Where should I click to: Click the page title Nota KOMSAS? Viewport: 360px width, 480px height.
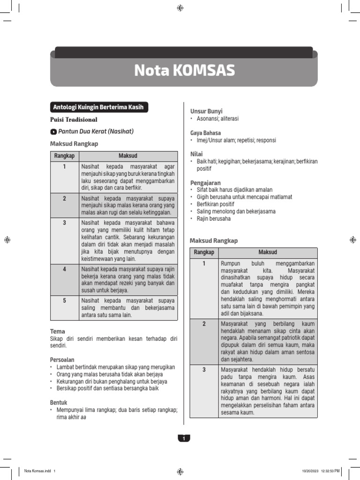pyautogui.click(x=184, y=70)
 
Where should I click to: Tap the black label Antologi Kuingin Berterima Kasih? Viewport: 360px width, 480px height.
pyautogui.click(x=99, y=108)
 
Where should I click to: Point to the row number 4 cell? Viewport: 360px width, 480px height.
pyautogui.click(x=64, y=269)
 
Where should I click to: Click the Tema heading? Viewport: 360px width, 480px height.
pyautogui.click(x=57, y=331)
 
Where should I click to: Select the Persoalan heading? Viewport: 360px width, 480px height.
pyautogui.click(x=62, y=360)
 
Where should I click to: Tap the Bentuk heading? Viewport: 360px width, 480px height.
pyautogui.click(x=59, y=402)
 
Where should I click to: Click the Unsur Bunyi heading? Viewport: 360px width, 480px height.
pyautogui.click(x=206, y=111)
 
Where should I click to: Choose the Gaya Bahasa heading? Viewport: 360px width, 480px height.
pyautogui.click(x=205, y=133)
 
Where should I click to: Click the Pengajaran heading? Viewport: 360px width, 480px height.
pyautogui.click(x=205, y=182)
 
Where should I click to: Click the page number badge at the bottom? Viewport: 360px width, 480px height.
pyautogui.click(x=184, y=438)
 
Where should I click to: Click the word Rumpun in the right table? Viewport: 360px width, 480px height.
pyautogui.click(x=230, y=263)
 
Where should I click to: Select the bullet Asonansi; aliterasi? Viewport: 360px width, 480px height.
pyautogui.click(x=217, y=119)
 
